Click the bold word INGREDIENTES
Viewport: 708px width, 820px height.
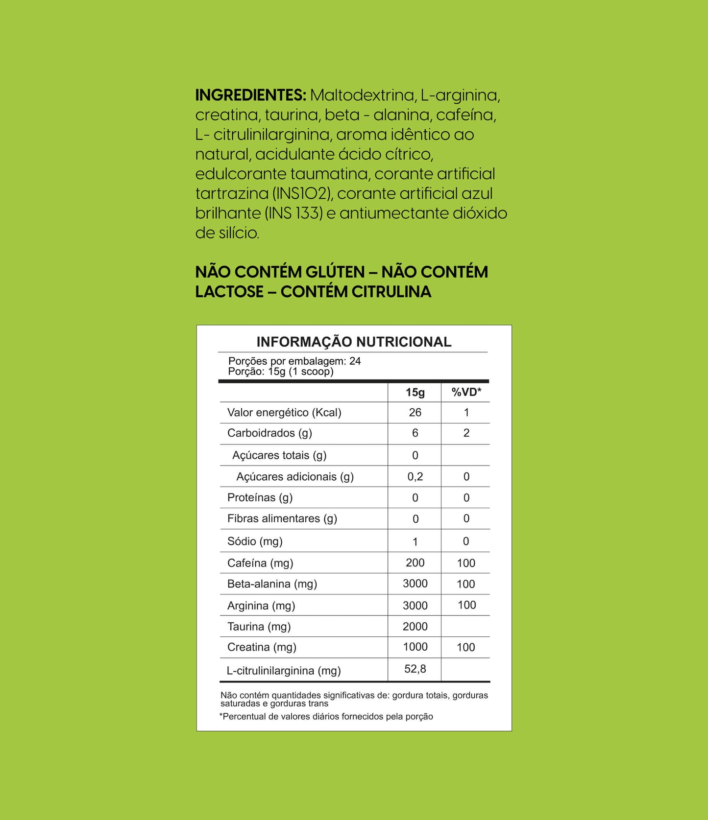point(250,95)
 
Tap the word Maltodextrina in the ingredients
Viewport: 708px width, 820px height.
point(362,95)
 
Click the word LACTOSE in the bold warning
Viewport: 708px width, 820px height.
point(229,292)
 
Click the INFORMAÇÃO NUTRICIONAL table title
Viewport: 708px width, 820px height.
point(354,342)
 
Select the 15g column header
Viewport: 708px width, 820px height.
point(415,393)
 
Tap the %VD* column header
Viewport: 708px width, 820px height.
point(466,392)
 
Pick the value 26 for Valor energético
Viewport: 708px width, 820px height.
point(415,413)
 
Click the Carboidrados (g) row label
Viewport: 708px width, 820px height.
point(269,433)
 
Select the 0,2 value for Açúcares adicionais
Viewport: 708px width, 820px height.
point(415,477)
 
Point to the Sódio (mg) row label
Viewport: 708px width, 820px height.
point(255,541)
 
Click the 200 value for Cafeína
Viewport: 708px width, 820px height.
point(415,563)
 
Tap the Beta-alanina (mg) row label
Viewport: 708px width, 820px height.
point(272,584)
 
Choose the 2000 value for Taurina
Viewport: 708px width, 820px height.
point(415,627)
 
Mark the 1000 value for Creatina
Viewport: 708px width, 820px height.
point(415,647)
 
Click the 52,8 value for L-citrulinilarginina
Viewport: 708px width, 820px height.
point(415,669)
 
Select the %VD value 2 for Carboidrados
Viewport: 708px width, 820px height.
point(466,433)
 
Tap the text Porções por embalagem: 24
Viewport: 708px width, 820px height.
point(294,361)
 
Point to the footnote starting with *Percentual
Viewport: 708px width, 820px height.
point(326,717)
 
